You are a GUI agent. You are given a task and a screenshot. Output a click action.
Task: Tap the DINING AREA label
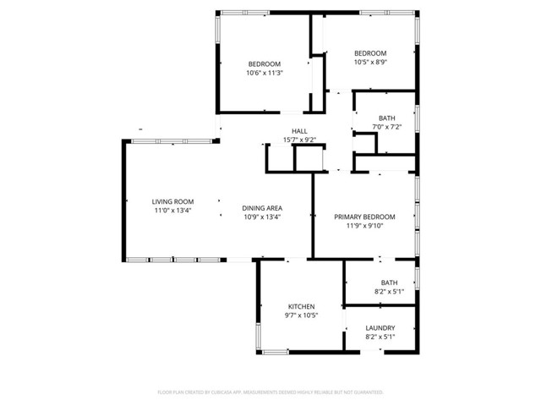click(262, 208)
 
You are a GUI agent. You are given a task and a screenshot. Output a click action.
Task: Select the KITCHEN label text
click(302, 306)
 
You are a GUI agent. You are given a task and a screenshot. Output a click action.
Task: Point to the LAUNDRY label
click(380, 328)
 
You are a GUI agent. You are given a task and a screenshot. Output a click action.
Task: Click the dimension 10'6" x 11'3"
click(264, 73)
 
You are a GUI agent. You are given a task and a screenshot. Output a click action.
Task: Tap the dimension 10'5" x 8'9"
click(370, 62)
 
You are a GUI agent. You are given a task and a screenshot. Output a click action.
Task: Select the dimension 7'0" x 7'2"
click(387, 127)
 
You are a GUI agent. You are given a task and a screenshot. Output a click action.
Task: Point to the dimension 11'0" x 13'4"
click(172, 210)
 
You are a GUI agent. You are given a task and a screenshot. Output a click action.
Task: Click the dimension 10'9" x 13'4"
click(262, 217)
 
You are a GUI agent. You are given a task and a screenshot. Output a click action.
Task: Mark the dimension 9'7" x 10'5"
click(302, 315)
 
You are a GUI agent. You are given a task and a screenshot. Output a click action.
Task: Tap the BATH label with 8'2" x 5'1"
click(389, 283)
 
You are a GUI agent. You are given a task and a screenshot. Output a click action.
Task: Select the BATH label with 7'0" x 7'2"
click(387, 118)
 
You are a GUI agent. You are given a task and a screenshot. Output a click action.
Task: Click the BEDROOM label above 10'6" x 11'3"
click(264, 64)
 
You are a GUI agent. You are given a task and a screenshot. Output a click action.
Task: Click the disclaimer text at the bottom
click(270, 392)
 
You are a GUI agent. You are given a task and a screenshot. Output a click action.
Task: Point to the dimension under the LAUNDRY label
click(380, 337)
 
